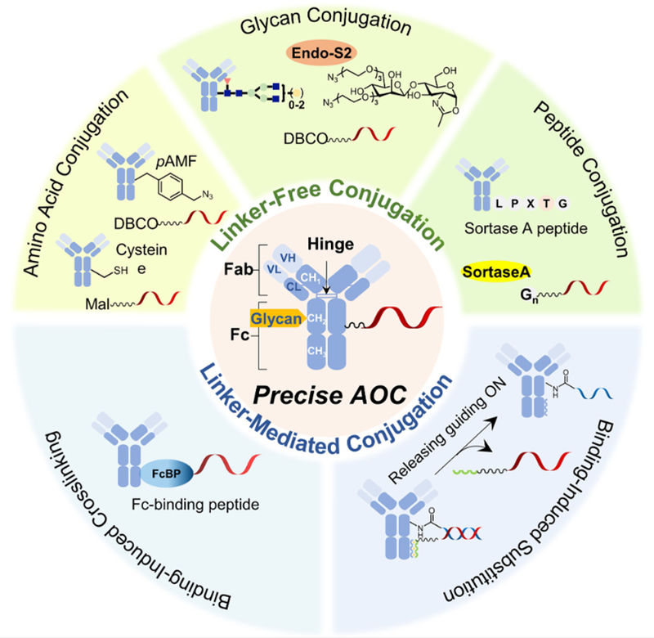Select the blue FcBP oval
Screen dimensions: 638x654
click(164, 473)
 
